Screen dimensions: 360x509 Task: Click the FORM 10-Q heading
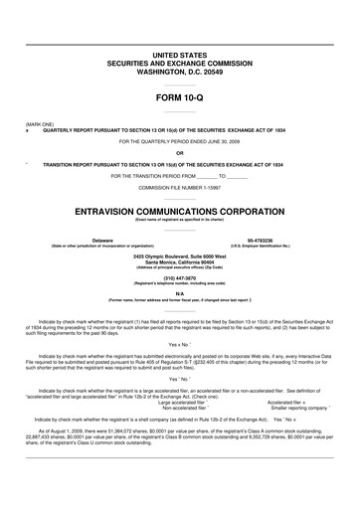180,99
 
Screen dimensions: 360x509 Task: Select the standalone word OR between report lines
180,152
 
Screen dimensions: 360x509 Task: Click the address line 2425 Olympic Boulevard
180,256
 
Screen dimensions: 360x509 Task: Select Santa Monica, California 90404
180,262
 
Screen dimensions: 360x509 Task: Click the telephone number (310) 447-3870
180,278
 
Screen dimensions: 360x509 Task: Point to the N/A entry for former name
180,293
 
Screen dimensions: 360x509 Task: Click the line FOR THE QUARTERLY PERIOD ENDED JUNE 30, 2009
180,141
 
